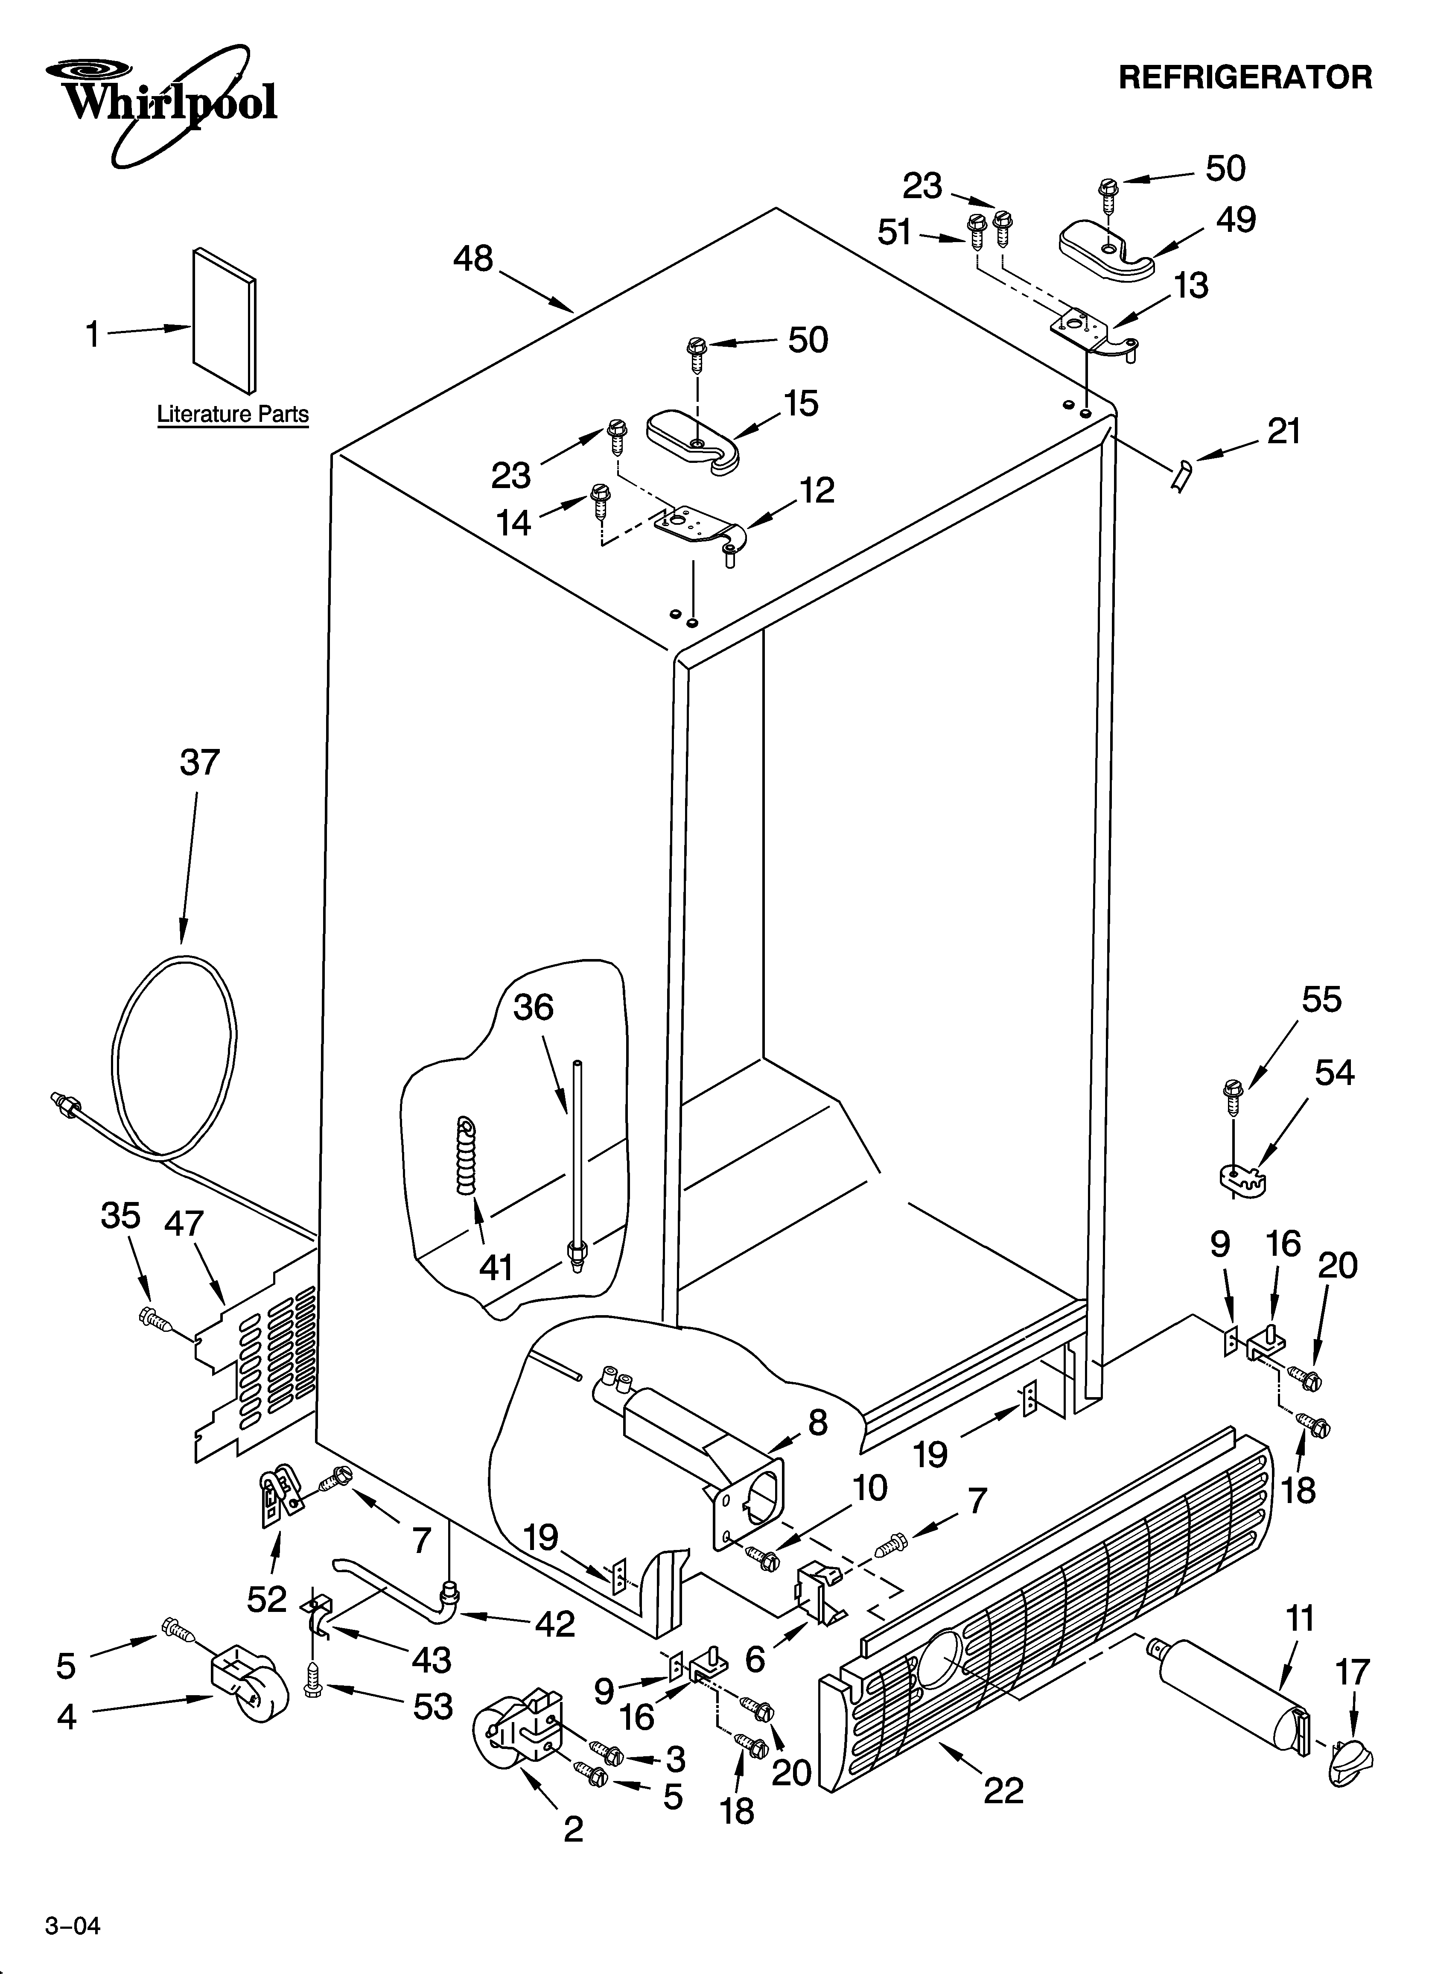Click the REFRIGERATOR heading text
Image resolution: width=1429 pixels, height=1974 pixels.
pos(1245,77)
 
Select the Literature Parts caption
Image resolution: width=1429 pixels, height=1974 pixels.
pos(232,414)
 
